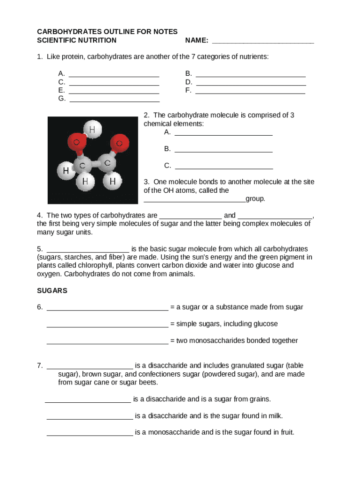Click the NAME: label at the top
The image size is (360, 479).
pos(196,40)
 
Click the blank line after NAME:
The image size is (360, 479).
pos(263,41)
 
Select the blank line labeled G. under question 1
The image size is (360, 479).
pos(114,100)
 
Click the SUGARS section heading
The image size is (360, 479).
pos(52,290)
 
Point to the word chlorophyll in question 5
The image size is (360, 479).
pos(95,265)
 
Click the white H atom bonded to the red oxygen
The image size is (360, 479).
pos(92,129)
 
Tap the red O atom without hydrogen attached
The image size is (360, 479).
pos(119,143)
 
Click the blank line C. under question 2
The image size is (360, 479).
pos(223,167)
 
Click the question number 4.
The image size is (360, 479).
pos(40,216)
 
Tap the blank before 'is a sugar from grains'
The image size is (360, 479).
pos(88,401)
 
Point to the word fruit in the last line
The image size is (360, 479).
pos(286,432)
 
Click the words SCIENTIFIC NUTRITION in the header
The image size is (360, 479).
pos(77,40)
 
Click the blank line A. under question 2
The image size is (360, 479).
pos(223,134)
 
